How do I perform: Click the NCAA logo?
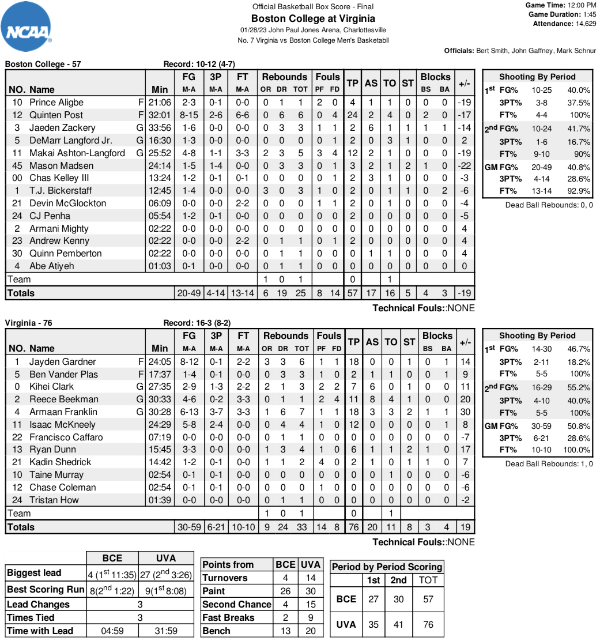(27, 27)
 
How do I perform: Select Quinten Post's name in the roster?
(56, 115)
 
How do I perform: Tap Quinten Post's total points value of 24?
(353, 115)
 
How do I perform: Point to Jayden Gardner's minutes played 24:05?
(160, 361)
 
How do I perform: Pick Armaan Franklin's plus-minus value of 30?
(466, 412)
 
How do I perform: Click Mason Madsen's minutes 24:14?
(160, 165)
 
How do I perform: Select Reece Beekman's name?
(64, 399)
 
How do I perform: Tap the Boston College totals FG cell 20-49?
(188, 293)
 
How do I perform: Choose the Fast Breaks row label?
(228, 617)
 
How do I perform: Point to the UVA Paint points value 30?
(311, 591)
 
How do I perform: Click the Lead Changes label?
(38, 604)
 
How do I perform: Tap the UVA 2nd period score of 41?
(398, 624)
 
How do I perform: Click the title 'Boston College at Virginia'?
(313, 18)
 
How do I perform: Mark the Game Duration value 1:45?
(589, 14)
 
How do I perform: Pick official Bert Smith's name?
(492, 51)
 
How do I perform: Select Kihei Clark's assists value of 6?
(372, 386)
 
